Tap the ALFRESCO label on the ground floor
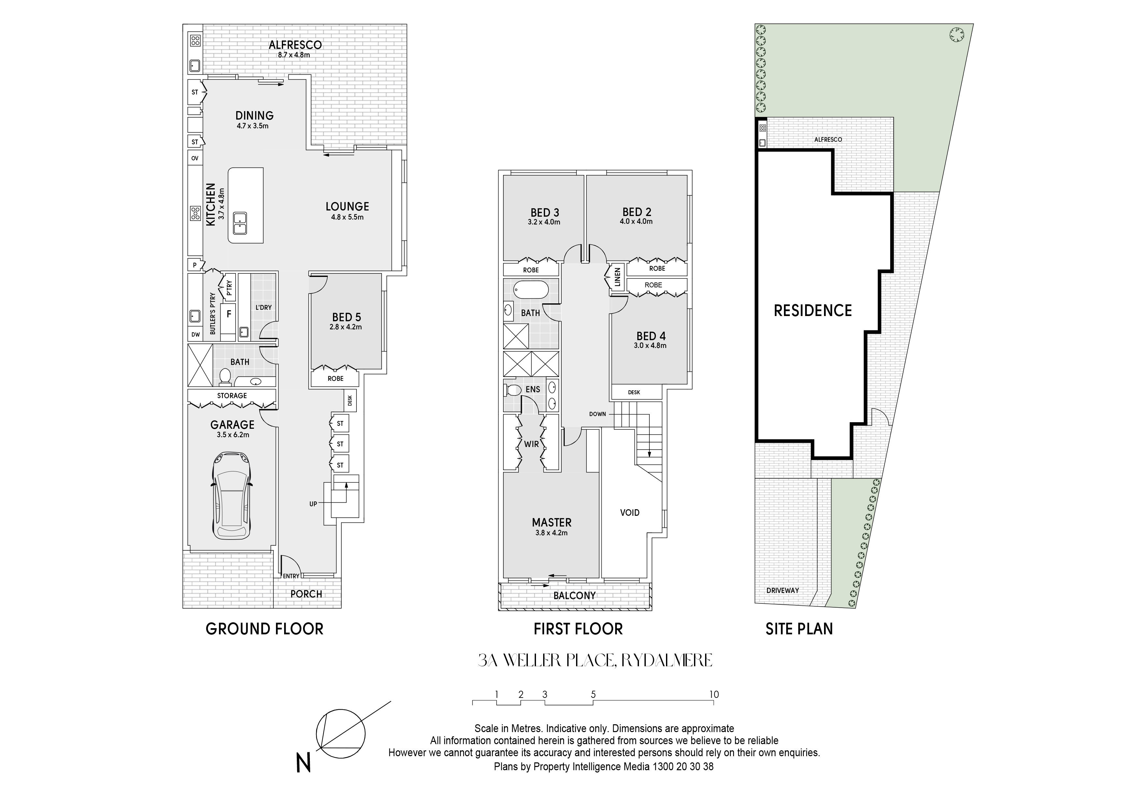coord(295,45)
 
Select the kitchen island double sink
coord(240,224)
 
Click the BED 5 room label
coord(346,317)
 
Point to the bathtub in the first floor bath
coord(531,289)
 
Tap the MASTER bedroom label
coord(552,522)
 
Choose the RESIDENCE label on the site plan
coord(812,310)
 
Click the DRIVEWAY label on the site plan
coord(783,590)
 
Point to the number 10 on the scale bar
coord(714,695)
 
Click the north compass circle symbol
coord(341,733)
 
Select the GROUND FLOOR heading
coord(264,629)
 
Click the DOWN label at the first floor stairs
coord(597,414)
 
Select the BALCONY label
coord(574,596)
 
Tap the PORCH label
coord(306,594)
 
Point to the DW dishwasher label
coord(195,335)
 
